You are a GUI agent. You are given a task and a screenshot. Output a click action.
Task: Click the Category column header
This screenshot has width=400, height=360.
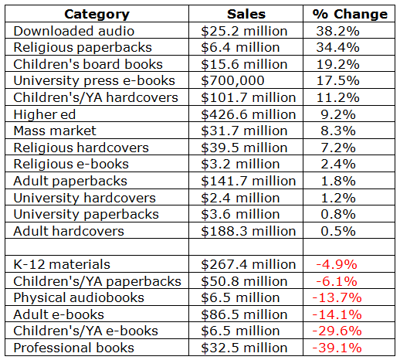tap(97, 15)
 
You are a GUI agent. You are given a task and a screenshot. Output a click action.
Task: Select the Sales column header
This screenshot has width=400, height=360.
tap(246, 14)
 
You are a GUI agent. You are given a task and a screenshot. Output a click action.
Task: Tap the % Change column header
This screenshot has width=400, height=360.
tap(350, 14)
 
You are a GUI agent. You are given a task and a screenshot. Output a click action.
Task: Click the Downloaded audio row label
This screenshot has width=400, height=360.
tap(74, 31)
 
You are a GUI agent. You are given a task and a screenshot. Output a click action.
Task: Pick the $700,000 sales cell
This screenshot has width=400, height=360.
tap(232, 80)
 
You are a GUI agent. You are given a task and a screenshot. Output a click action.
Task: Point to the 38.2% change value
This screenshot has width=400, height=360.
tap(337, 31)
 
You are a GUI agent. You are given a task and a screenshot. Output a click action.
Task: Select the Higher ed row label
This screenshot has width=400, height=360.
tap(45, 114)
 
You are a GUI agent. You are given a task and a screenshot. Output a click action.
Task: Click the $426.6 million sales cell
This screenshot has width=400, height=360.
tap(249, 114)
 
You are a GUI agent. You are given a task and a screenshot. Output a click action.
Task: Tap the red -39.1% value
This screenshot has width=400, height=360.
tap(337, 348)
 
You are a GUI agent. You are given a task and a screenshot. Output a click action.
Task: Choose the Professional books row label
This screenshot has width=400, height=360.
tap(74, 348)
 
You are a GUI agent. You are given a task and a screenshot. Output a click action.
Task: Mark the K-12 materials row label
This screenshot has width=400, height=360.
tap(62, 264)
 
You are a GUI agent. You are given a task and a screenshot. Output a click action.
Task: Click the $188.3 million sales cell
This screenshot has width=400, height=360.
tap(249, 231)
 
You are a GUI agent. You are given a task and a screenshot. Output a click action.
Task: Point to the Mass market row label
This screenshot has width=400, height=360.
tap(55, 131)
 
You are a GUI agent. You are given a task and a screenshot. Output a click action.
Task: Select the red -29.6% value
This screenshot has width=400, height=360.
tap(337, 331)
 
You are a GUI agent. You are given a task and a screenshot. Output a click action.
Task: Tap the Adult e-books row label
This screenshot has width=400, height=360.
tap(59, 314)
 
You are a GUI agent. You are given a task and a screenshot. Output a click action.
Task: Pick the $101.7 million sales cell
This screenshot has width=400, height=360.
tap(249, 97)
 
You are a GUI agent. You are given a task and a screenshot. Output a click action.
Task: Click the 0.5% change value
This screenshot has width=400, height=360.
tap(338, 231)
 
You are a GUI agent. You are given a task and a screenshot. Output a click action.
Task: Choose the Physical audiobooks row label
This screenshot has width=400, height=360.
tap(79, 298)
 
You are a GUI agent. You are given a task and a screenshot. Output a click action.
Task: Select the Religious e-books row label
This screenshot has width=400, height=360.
tap(71, 165)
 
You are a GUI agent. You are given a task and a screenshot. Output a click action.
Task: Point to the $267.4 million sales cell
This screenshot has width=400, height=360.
tap(249, 264)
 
